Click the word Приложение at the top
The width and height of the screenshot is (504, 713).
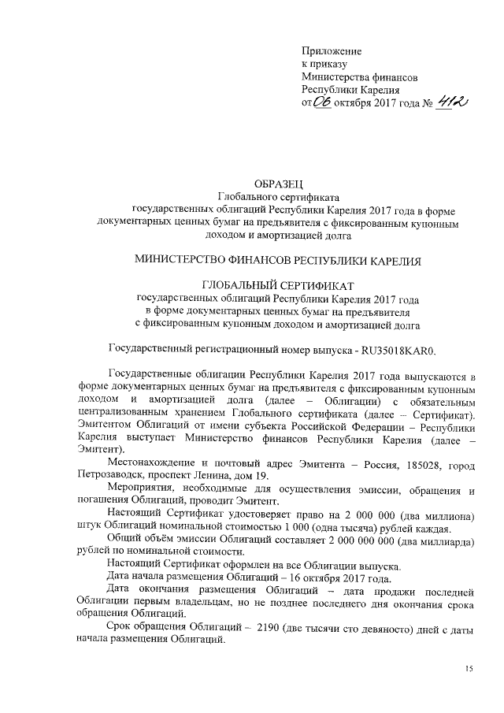coord(333,50)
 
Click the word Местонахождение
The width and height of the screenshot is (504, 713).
coord(151,465)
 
